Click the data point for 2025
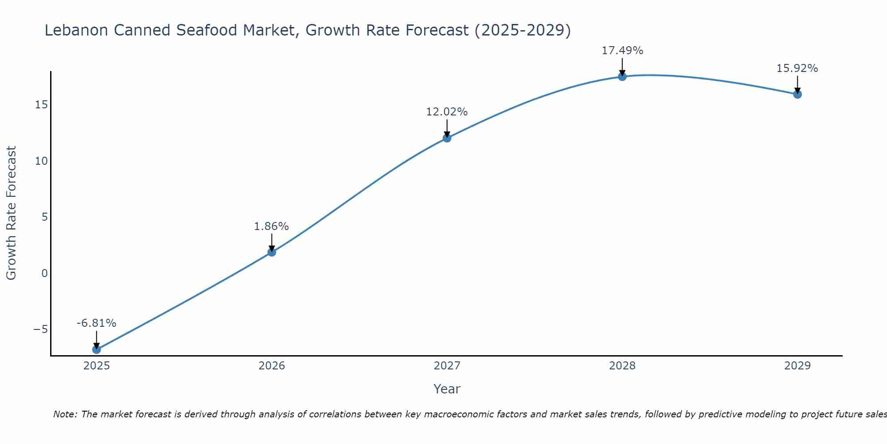(x=96, y=349)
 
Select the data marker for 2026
(x=272, y=252)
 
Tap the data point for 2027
(x=447, y=138)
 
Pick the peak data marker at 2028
(x=622, y=76)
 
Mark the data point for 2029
(x=797, y=94)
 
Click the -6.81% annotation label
(x=96, y=323)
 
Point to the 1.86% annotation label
(x=271, y=226)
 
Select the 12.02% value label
(x=447, y=112)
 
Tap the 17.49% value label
(x=622, y=51)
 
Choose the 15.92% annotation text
(x=797, y=68)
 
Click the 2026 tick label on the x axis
(x=272, y=366)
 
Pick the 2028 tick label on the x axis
(x=622, y=366)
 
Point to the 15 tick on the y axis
(x=42, y=105)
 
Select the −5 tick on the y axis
(x=40, y=329)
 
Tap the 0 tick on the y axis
(x=44, y=273)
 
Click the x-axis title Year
(x=447, y=389)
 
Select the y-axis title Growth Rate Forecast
(x=11, y=213)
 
